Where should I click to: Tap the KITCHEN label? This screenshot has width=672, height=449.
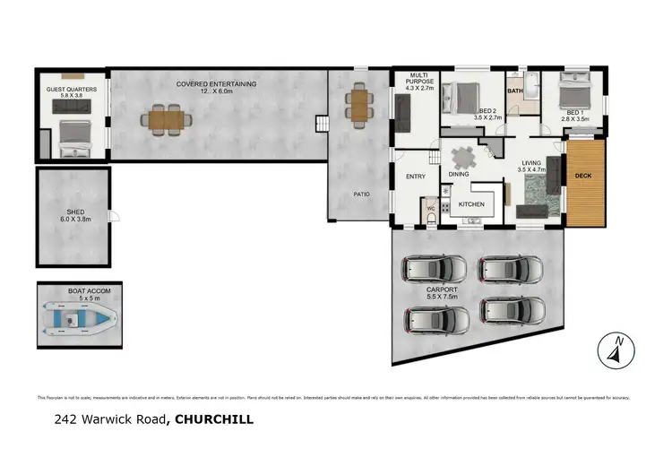(471, 204)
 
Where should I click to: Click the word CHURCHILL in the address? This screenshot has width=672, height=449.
(215, 418)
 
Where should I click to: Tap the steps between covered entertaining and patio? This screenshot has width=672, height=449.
(318, 123)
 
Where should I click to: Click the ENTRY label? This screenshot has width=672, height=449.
(415, 177)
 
